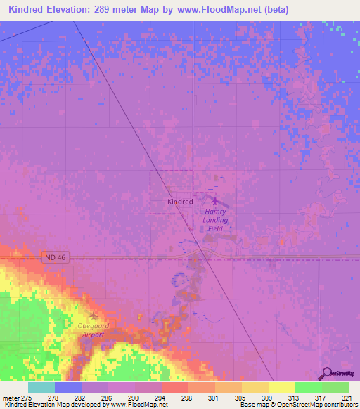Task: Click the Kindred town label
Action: click(x=180, y=202)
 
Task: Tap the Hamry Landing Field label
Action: click(x=216, y=219)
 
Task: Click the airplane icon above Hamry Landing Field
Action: click(x=215, y=201)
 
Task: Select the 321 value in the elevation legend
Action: click(x=348, y=397)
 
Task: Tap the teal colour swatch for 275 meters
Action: click(x=41, y=387)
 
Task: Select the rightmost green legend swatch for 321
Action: click(x=335, y=387)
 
